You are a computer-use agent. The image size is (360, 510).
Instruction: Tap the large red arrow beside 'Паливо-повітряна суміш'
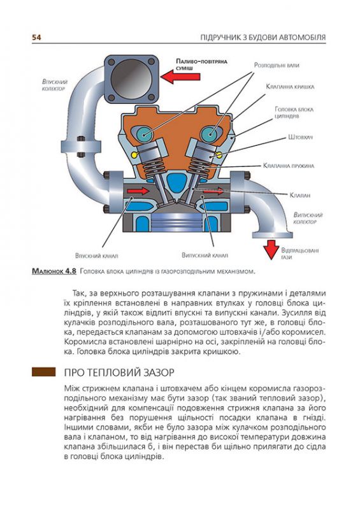click(x=178, y=77)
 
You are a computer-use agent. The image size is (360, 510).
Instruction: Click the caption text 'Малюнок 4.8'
click(x=54, y=272)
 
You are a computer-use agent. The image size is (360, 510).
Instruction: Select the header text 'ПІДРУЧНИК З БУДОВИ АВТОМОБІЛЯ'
click(x=262, y=38)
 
